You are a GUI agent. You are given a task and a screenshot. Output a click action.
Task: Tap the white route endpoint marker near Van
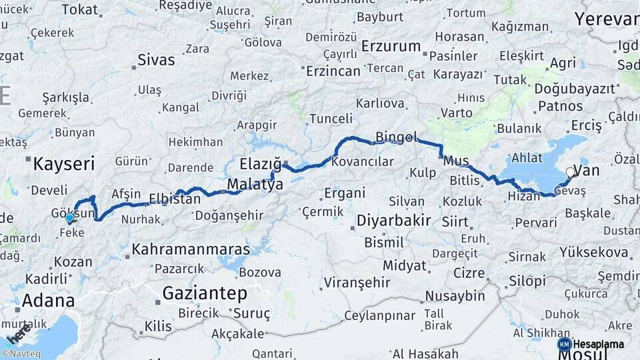click(571, 173)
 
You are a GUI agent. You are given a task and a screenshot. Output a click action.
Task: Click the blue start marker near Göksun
click(69, 217)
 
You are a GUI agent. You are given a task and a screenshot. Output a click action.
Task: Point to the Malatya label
click(255, 185)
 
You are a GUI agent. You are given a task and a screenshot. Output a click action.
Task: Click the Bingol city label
click(396, 137)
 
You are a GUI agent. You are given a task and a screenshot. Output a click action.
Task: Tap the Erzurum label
click(391, 47)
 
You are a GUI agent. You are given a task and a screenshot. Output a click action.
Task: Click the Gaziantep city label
click(205, 293)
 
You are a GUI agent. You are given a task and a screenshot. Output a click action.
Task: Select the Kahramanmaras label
click(191, 250)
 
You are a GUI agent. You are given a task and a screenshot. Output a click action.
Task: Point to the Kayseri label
click(64, 163)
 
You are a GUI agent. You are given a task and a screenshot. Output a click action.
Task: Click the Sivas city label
click(156, 60)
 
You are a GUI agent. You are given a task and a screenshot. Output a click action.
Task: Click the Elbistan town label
click(175, 199)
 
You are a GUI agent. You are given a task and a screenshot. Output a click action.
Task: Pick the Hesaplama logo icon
click(564, 344)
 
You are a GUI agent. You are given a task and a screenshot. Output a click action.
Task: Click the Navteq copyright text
click(21, 354)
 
